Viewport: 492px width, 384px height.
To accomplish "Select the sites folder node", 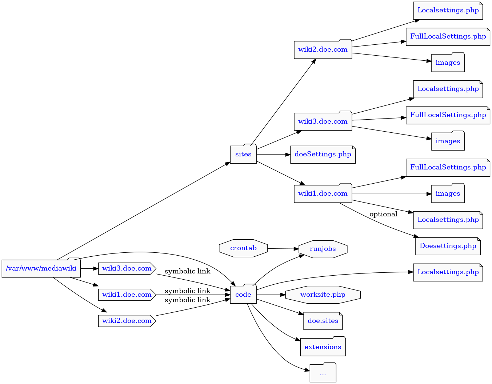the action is click(243, 154).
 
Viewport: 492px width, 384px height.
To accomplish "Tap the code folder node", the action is click(243, 294).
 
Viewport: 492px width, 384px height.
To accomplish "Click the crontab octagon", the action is click(243, 248).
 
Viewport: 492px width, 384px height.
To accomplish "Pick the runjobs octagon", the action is click(323, 249).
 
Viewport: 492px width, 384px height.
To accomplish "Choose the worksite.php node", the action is click(323, 295).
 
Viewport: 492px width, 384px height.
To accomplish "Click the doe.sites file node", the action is click(323, 321).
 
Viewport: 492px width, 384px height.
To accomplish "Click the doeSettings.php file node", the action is click(323, 155).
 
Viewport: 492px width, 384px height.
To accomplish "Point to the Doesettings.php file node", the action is click(448, 246).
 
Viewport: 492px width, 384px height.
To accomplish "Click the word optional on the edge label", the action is click(383, 214).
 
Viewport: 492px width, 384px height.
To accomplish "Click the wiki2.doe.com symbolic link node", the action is click(127, 321).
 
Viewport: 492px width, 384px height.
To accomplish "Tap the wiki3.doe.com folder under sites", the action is click(323, 121).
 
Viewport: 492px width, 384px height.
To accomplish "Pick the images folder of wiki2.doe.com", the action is click(448, 63).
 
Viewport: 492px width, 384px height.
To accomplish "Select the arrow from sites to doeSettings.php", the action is click(273, 155).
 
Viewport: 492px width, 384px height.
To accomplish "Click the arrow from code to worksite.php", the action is click(271, 295).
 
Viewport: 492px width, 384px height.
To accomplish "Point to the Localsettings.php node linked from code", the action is click(448, 272).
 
